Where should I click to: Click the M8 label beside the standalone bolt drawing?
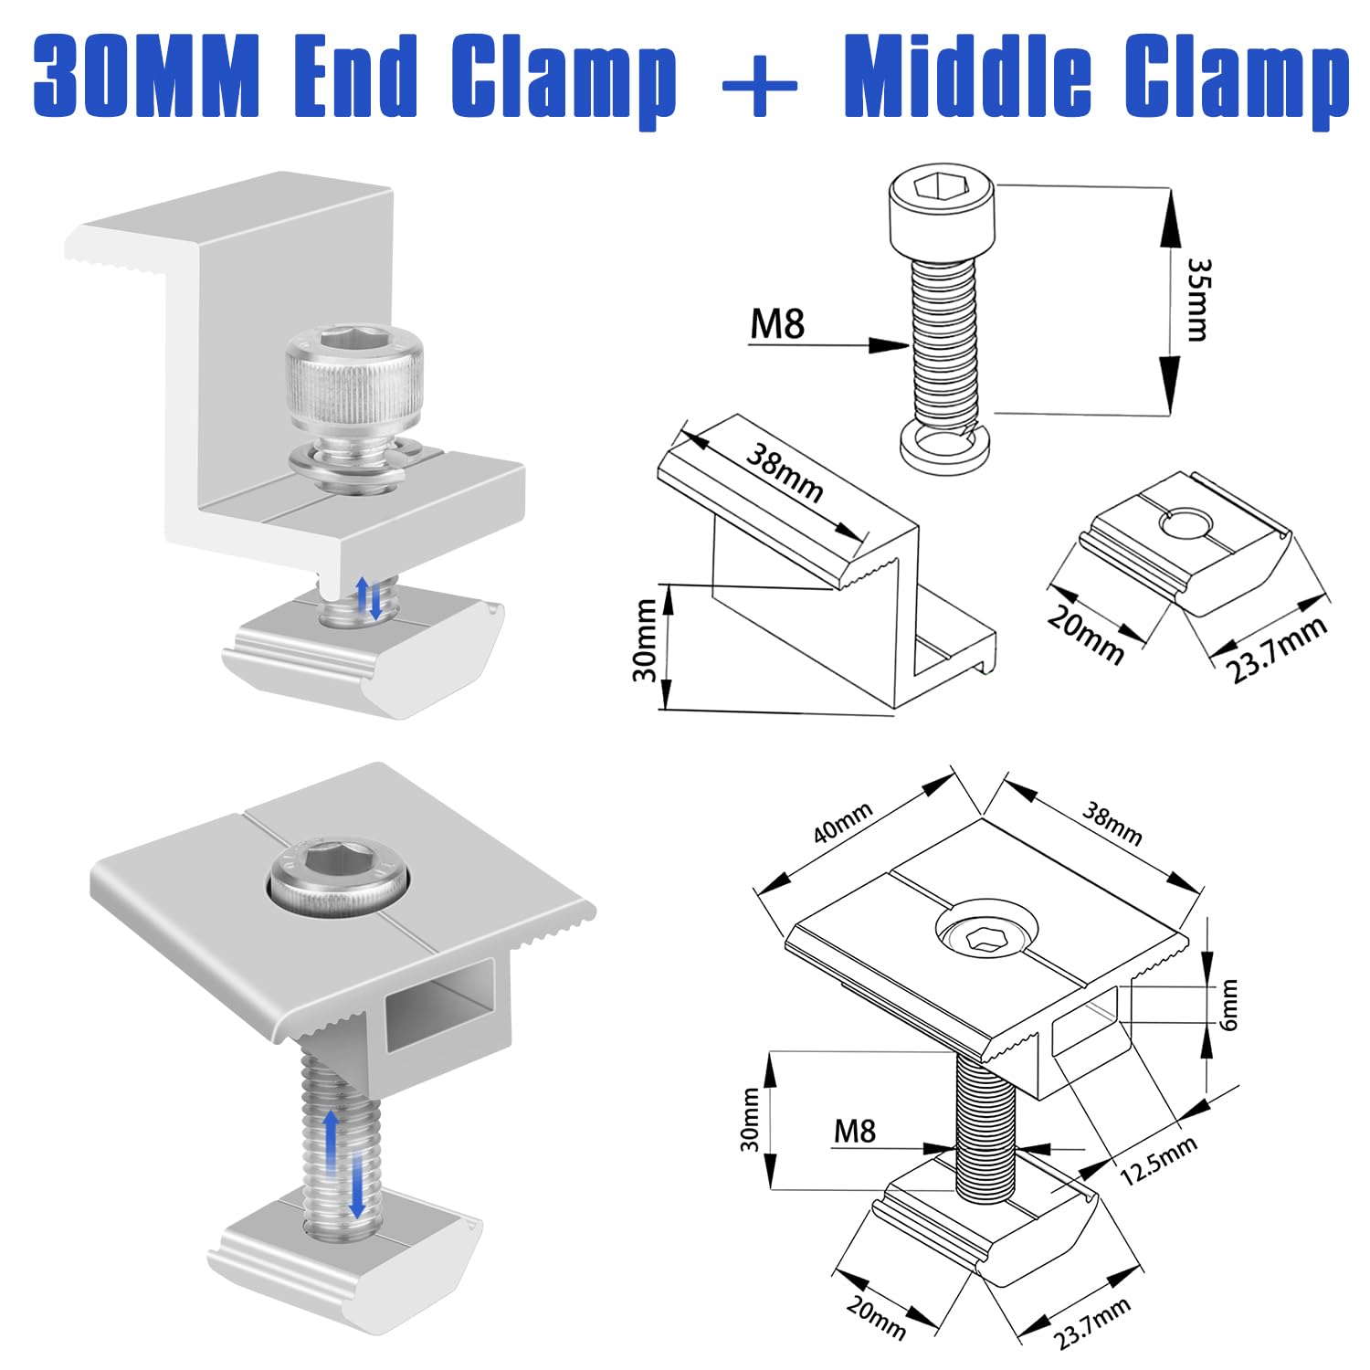click(x=777, y=324)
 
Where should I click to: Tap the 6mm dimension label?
click(x=1228, y=1005)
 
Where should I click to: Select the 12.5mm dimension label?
click(x=1158, y=1160)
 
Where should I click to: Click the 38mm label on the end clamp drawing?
click(x=785, y=471)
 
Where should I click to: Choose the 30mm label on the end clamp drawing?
click(x=645, y=639)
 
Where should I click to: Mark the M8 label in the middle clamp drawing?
click(x=854, y=1132)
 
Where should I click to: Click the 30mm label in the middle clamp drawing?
click(x=749, y=1119)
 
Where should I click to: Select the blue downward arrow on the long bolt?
click(x=357, y=1184)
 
